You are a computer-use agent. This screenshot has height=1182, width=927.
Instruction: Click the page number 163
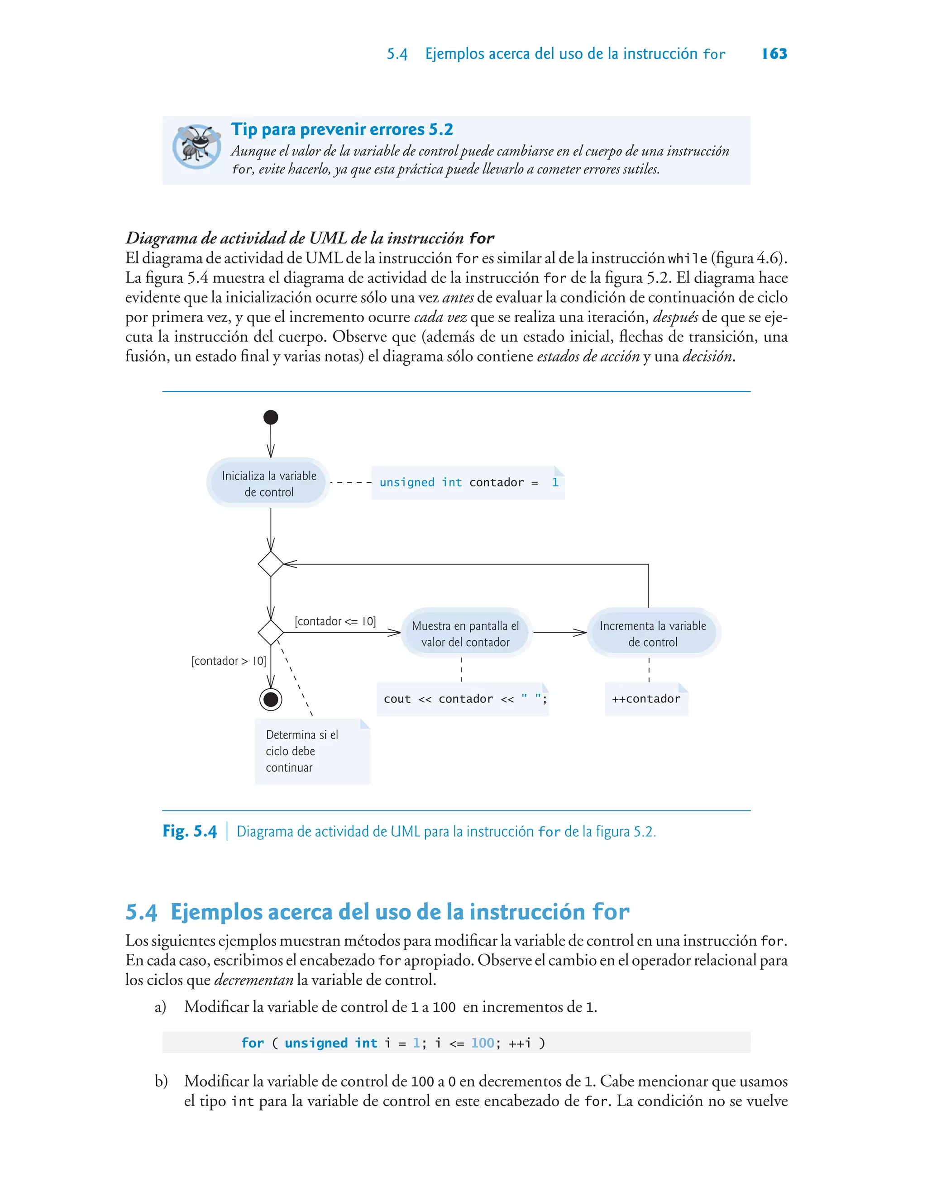[774, 54]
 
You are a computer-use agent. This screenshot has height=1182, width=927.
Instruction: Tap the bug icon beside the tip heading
[196, 147]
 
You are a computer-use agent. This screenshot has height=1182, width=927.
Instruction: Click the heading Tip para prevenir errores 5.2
[342, 129]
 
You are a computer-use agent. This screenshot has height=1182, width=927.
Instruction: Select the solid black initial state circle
[271, 417]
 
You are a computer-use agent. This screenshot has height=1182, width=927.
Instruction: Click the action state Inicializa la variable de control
[269, 483]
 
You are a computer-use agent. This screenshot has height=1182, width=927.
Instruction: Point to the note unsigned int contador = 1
[468, 483]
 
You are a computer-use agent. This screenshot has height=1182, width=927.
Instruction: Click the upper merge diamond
[271, 564]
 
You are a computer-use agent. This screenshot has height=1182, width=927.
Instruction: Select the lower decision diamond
[271, 633]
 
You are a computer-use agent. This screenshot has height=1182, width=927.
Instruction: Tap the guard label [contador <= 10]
[335, 621]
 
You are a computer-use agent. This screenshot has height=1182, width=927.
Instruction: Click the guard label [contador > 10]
[229, 661]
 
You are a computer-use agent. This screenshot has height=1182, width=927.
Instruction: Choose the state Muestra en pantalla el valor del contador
[466, 633]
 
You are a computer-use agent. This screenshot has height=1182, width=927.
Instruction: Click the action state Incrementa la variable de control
[653, 633]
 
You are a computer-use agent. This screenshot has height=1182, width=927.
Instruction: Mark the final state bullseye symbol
[271, 699]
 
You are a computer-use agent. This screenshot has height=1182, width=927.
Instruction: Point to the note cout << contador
[463, 699]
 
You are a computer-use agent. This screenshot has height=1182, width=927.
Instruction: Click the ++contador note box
[646, 699]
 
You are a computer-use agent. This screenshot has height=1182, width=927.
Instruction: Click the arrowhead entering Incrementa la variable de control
[581, 633]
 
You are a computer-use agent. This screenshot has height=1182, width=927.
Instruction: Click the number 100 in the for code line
[483, 1043]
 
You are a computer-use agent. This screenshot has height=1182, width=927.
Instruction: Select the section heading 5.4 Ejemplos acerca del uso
[377, 912]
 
